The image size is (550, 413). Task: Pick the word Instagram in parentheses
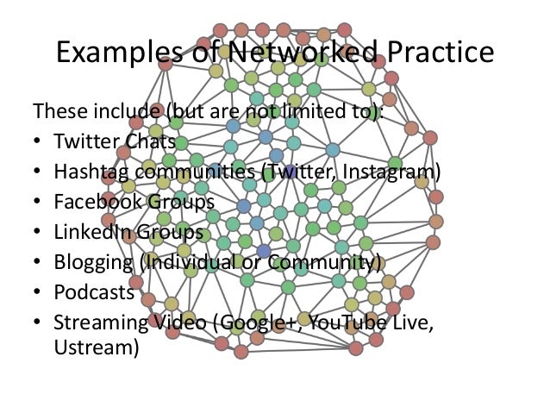point(393,172)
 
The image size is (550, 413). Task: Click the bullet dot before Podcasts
point(37,293)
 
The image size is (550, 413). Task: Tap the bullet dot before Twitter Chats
point(37,142)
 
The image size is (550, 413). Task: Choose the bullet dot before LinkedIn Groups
point(37,233)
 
